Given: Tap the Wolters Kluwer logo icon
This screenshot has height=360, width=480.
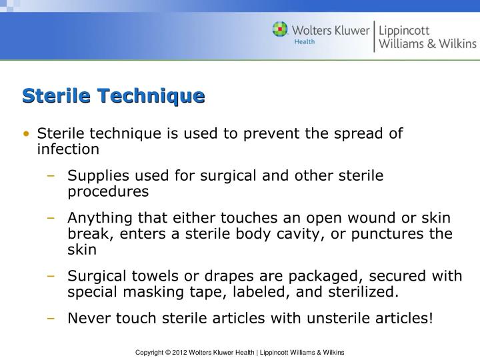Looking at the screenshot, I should coord(281,30).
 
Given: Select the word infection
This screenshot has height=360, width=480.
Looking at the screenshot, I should coord(68,149).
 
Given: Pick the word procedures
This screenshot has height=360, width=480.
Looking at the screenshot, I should coord(108,191).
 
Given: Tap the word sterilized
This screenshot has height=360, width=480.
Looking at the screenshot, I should coord(363,292).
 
